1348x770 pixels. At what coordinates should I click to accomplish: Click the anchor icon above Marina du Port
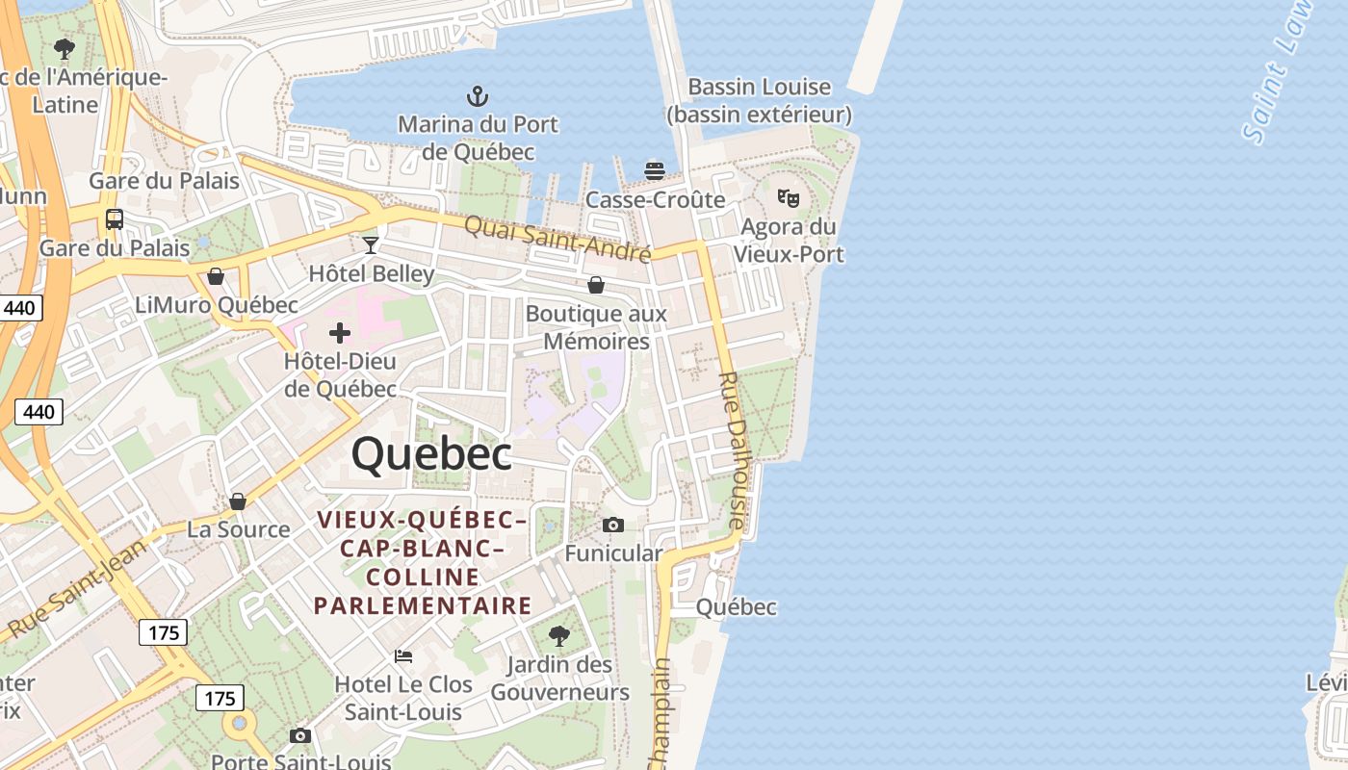[477, 96]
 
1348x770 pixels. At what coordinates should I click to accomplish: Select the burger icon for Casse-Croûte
[655, 171]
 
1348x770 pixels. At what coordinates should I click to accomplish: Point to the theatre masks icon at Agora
[789, 198]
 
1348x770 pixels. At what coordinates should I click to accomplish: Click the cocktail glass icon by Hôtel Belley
[371, 244]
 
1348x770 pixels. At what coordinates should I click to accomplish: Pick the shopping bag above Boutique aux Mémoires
[596, 285]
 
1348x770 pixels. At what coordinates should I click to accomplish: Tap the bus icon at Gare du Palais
[115, 219]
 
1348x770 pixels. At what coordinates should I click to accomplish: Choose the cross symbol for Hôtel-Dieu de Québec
[340, 333]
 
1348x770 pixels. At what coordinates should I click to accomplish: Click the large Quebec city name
[431, 453]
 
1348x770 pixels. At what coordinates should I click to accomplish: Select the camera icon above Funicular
[613, 525]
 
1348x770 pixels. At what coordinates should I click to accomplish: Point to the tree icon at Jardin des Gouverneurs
[559, 636]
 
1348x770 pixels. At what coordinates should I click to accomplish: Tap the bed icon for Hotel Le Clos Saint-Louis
[403, 656]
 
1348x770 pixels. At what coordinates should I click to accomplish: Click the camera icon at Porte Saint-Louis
[300, 735]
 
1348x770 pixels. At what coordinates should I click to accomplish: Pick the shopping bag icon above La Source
[238, 501]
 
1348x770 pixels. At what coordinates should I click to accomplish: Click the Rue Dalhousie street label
[734, 450]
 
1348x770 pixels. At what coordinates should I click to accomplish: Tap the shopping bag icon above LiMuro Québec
[216, 277]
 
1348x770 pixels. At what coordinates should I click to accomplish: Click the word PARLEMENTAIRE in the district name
[423, 605]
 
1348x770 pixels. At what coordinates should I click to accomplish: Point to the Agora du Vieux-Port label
[789, 241]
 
